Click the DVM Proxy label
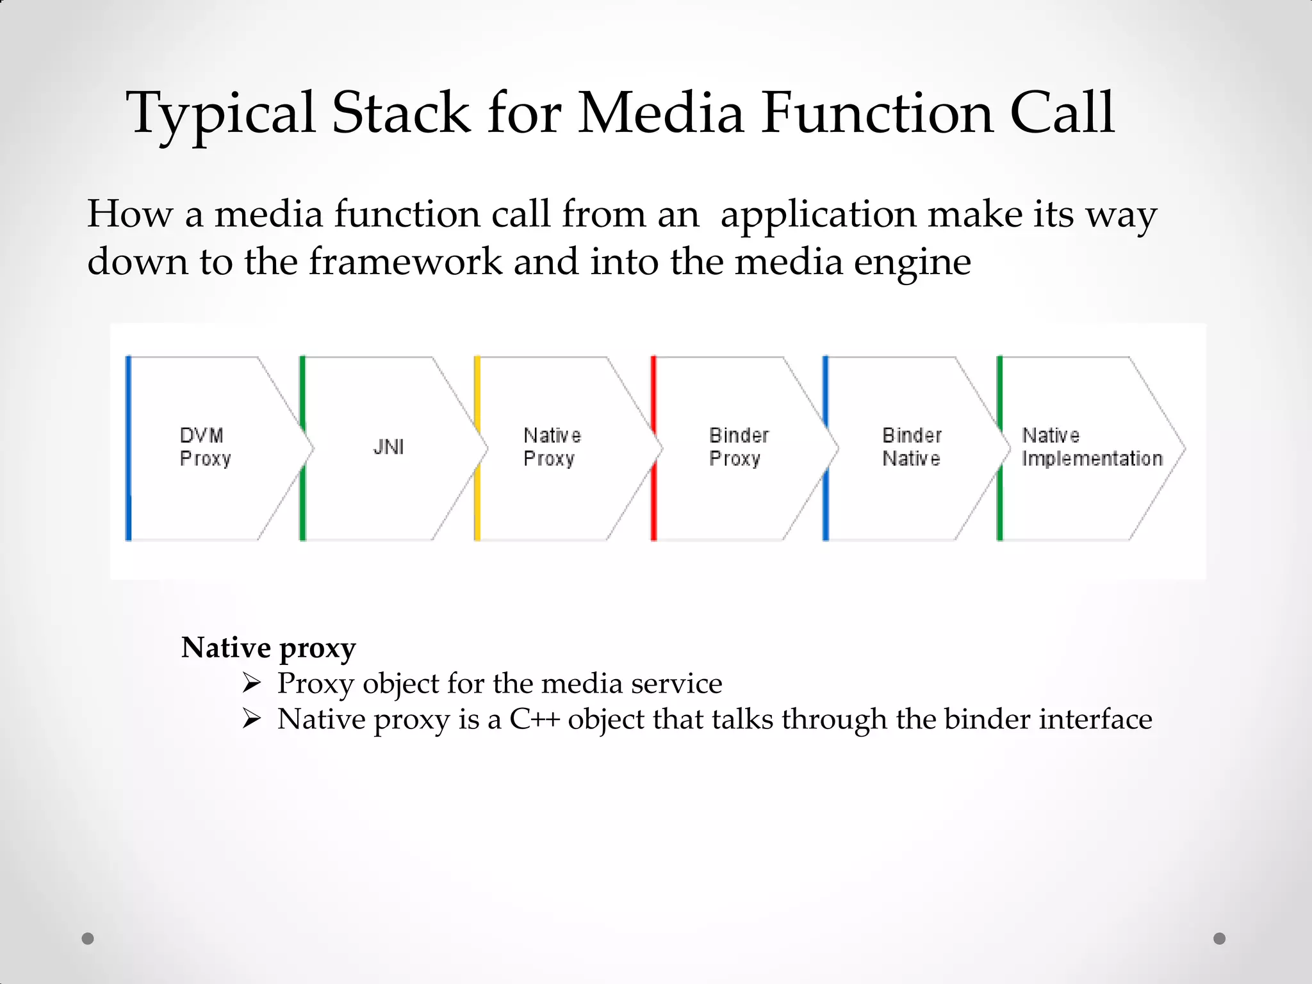tap(204, 447)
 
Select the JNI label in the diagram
tap(388, 447)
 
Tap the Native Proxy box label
tap(552, 447)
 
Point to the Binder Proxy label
tap(738, 447)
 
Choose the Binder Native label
tap(912, 447)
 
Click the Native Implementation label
tap(1092, 447)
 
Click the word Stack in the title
tap(401, 113)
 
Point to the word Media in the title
tap(660, 113)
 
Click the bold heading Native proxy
tap(268, 648)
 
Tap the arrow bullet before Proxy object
tap(252, 684)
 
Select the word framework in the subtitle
tap(406, 262)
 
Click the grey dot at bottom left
tap(88, 939)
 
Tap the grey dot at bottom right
tap(1219, 939)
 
